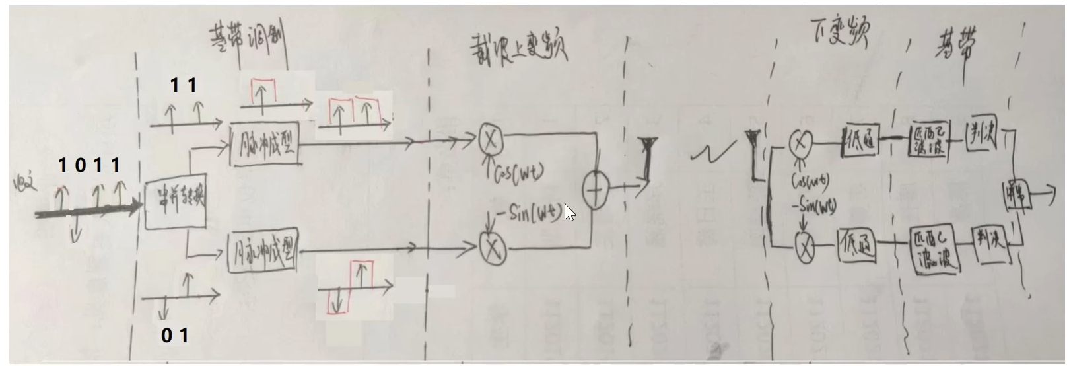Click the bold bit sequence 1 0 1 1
coord(89,165)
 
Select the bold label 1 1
coord(184,85)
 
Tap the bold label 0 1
coord(175,336)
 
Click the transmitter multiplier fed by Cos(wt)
coord(491,139)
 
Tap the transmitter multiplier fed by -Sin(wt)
coord(493,248)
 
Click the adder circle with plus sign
coord(595,191)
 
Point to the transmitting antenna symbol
coord(646,159)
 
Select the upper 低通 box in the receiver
coord(860,140)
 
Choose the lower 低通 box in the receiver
coord(858,244)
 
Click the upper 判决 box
coord(981,135)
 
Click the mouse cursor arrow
coord(569,213)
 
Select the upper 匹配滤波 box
coord(928,139)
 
